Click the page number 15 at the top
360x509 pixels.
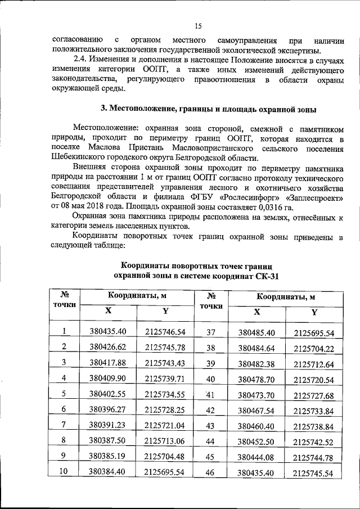(198, 25)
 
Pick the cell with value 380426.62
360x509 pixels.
(108, 346)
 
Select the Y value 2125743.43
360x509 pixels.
(165, 362)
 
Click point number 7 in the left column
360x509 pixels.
(64, 425)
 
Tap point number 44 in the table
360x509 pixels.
(210, 440)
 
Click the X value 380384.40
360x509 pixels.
(108, 472)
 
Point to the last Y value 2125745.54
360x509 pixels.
(314, 474)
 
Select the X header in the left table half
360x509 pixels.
(108, 311)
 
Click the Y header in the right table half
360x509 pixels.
(314, 313)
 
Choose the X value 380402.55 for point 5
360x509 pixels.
(108, 394)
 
